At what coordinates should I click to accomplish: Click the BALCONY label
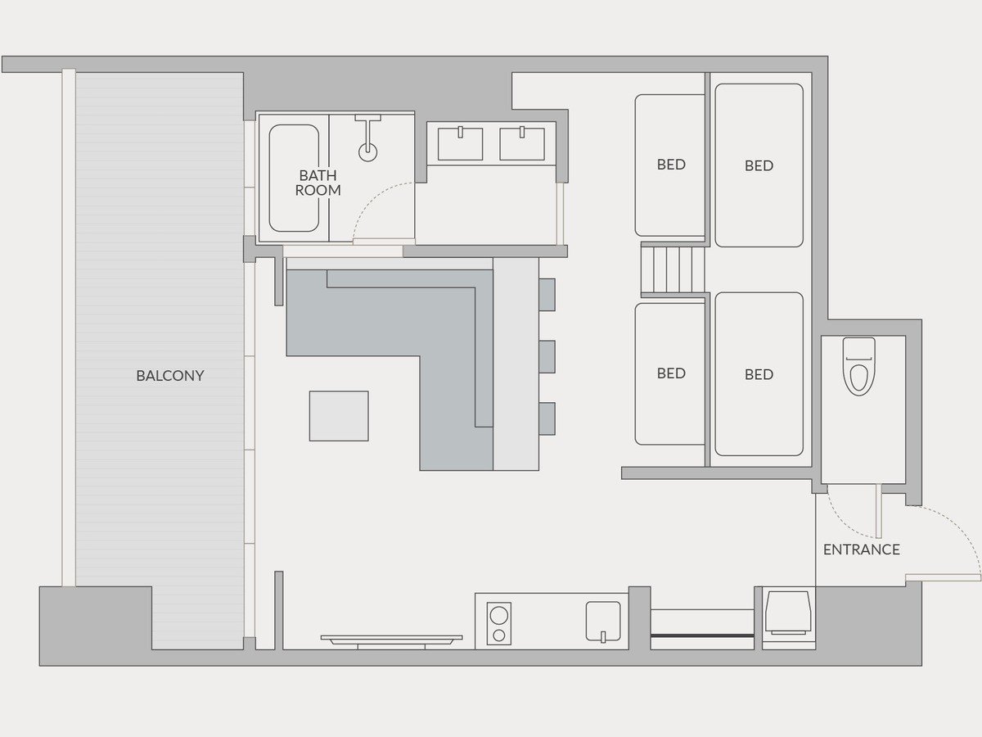tap(170, 375)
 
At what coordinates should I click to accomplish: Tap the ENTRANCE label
tap(861, 549)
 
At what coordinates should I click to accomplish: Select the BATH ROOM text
tap(318, 183)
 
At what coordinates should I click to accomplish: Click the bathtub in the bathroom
tap(294, 178)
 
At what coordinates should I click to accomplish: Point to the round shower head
tap(367, 152)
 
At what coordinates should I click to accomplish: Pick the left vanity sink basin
tap(460, 143)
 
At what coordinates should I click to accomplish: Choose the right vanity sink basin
tap(521, 143)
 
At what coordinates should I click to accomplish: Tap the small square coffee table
tap(339, 416)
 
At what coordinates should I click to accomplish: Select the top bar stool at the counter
tap(547, 295)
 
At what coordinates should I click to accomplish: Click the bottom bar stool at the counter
tap(547, 418)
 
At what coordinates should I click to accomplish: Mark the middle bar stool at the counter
tap(547, 357)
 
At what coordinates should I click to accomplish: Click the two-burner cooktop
tap(499, 623)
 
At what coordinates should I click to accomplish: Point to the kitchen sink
tap(603, 621)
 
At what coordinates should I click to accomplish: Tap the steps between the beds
tap(673, 270)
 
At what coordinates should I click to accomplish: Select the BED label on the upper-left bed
tap(671, 165)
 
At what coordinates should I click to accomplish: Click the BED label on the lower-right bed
tap(759, 374)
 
